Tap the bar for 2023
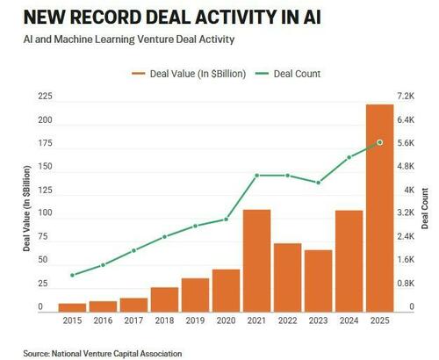[x=318, y=281]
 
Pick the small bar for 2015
[x=72, y=307]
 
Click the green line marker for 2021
[x=256, y=176]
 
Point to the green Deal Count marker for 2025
[x=379, y=142]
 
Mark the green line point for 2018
[x=164, y=237]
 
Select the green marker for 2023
[x=318, y=183]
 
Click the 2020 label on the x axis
[x=226, y=322]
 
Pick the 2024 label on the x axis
[x=349, y=322]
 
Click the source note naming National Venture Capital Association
[x=103, y=353]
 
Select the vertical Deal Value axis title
[x=27, y=215]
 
